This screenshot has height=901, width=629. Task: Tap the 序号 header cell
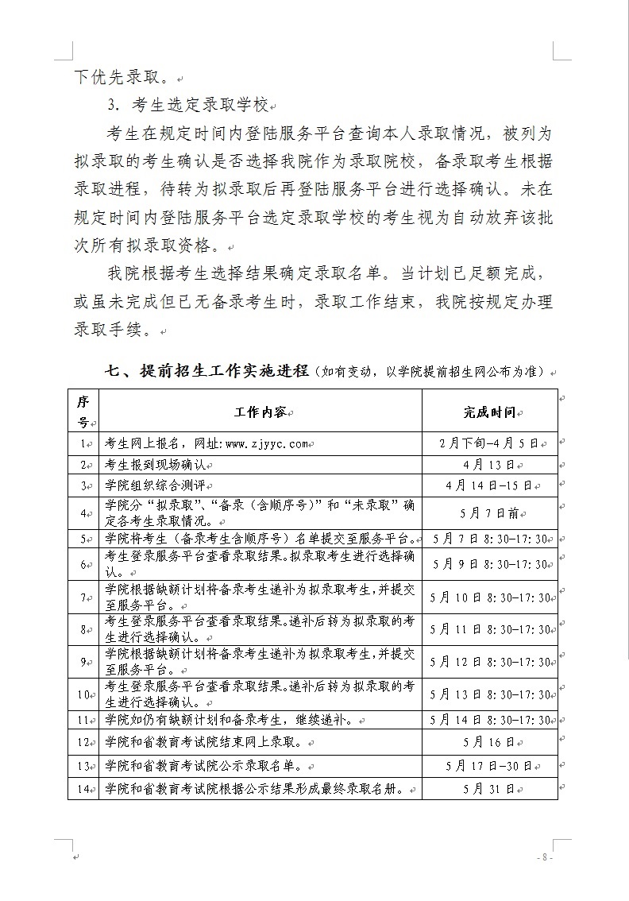[x=83, y=412]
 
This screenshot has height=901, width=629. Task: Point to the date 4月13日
[x=489, y=465]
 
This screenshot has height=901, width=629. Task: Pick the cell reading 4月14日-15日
[x=489, y=485]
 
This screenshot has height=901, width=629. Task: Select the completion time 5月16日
[x=489, y=743]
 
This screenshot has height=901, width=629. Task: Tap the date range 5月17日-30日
[x=489, y=767]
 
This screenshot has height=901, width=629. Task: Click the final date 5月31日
[x=489, y=790]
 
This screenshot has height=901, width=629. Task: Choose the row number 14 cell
[x=82, y=790]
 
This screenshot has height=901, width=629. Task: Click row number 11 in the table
[x=82, y=720]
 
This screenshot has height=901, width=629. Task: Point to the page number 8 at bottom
[x=543, y=857]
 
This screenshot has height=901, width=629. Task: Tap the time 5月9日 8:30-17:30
[x=489, y=565]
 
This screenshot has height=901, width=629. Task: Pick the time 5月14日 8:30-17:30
[x=489, y=720]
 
